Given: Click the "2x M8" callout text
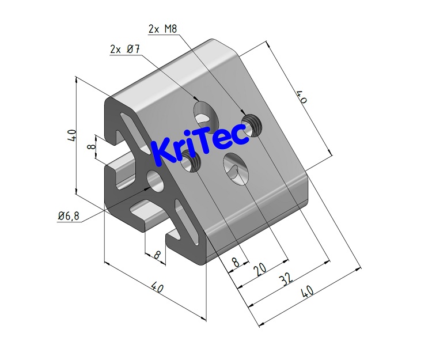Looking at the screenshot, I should coord(162,29).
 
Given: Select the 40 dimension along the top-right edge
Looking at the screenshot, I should coord(301,97).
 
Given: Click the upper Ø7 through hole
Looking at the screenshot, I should coord(203,112).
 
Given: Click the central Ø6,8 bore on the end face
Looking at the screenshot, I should coord(155,180).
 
